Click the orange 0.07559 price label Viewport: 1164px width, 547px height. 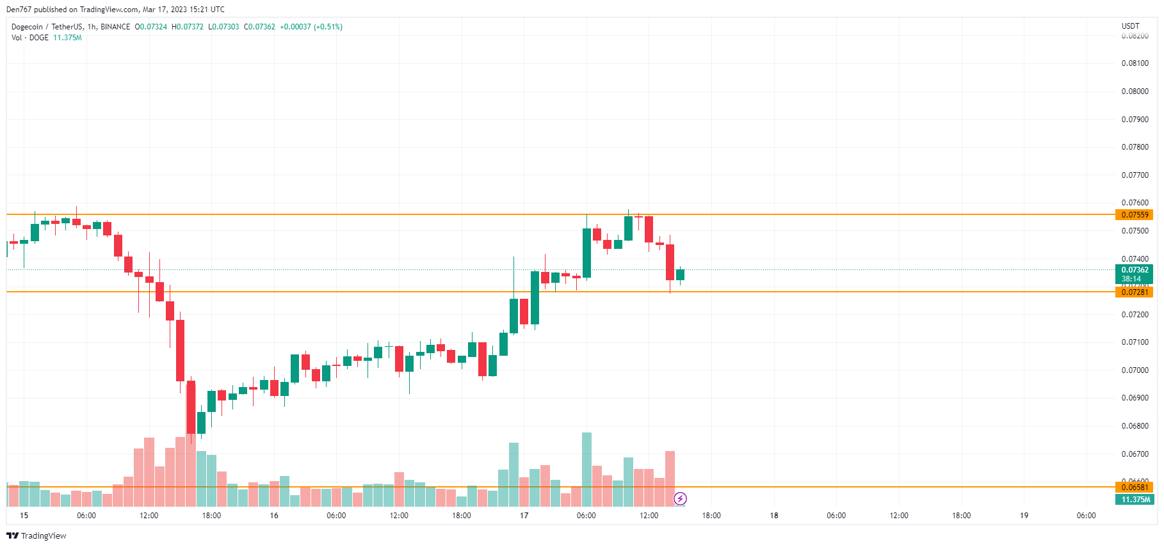(x=1135, y=215)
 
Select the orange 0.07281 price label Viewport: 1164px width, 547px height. (x=1135, y=292)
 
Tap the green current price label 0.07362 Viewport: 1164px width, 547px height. (x=1135, y=270)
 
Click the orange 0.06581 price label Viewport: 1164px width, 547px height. (x=1135, y=488)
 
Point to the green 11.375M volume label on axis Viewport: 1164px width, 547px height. (x=1135, y=500)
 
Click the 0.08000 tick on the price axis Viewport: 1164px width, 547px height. (x=1135, y=91)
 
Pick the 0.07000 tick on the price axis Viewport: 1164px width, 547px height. (x=1135, y=370)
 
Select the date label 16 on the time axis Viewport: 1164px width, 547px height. (x=274, y=516)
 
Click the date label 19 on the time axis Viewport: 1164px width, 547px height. (x=1024, y=516)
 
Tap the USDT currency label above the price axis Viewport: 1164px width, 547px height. (x=1130, y=26)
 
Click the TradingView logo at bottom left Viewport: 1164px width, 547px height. (x=36, y=536)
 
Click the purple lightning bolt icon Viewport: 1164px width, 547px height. (x=680, y=498)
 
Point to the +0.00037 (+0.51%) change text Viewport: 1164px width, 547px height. (x=311, y=27)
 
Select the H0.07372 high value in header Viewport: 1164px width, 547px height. (x=188, y=27)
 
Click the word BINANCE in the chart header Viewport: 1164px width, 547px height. (x=115, y=27)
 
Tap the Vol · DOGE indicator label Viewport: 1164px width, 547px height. (x=30, y=38)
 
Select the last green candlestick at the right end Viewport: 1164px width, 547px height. (x=680, y=275)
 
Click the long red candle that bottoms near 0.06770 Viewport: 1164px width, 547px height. (x=191, y=407)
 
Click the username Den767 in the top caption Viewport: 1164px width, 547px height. (x=19, y=10)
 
